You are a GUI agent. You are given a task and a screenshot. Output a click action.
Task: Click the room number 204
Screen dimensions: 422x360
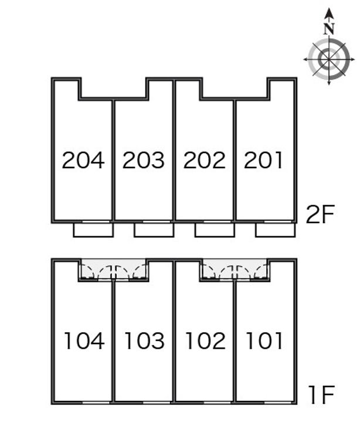click(x=83, y=160)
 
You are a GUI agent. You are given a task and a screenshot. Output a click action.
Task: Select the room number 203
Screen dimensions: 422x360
click(x=144, y=160)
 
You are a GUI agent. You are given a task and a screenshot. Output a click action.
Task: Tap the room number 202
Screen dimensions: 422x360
click(x=204, y=160)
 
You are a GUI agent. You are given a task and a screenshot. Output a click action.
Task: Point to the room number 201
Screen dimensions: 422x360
click(x=264, y=160)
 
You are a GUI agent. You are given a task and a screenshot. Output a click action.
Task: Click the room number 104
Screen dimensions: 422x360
click(x=84, y=341)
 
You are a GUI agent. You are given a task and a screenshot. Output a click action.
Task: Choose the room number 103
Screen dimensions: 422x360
click(x=144, y=341)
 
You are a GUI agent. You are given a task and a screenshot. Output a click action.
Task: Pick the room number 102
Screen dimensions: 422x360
click(x=205, y=341)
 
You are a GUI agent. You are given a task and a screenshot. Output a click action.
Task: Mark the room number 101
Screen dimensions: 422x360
click(x=264, y=341)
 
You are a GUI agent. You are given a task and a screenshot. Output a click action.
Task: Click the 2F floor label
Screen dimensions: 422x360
click(x=320, y=216)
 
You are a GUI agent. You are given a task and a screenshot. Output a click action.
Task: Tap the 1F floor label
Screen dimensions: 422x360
click(x=320, y=396)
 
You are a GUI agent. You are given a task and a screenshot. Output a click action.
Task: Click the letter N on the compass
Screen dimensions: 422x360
click(x=329, y=28)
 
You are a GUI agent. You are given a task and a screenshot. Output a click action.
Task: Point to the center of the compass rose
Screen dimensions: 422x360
click(x=329, y=59)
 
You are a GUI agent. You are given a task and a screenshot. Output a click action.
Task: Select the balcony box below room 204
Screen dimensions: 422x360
click(x=93, y=230)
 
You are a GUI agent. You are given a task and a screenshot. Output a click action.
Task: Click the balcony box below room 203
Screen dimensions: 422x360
click(x=154, y=230)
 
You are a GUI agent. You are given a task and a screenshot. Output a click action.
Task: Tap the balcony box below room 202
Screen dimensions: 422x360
click(x=215, y=230)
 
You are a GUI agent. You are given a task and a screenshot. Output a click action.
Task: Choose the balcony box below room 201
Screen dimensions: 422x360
click(x=275, y=230)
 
